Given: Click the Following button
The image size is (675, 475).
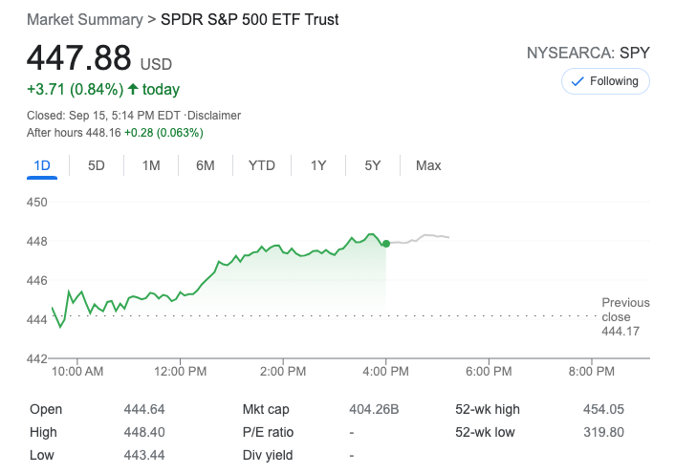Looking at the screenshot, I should (x=605, y=81).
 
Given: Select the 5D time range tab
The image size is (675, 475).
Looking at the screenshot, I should (x=97, y=165).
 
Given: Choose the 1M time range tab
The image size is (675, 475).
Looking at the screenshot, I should (x=151, y=165).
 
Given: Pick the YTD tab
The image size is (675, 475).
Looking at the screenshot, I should (x=261, y=165).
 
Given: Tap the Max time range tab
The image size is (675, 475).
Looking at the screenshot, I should (x=428, y=165).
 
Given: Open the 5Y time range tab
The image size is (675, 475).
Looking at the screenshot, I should (x=373, y=165).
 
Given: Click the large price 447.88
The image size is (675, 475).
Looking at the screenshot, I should (x=78, y=58).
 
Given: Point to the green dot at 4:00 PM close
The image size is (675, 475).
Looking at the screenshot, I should (x=385, y=244).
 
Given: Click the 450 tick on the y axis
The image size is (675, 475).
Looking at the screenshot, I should (x=37, y=202).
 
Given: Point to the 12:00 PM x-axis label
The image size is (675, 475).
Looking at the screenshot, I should (x=180, y=371).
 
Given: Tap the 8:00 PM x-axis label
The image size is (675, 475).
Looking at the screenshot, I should (x=592, y=371).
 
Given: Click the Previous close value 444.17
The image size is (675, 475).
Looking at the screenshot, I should (x=621, y=331).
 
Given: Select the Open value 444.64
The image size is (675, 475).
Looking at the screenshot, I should (x=142, y=409).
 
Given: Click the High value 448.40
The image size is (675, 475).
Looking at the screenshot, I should (x=142, y=432).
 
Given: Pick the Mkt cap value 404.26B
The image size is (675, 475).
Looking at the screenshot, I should (x=374, y=409).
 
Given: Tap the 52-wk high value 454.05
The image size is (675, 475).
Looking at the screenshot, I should (x=602, y=409).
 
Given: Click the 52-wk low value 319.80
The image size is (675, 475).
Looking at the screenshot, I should (x=602, y=432).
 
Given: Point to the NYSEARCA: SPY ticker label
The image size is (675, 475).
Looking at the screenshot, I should (x=588, y=54).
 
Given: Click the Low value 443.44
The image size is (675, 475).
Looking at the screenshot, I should (x=142, y=455).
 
